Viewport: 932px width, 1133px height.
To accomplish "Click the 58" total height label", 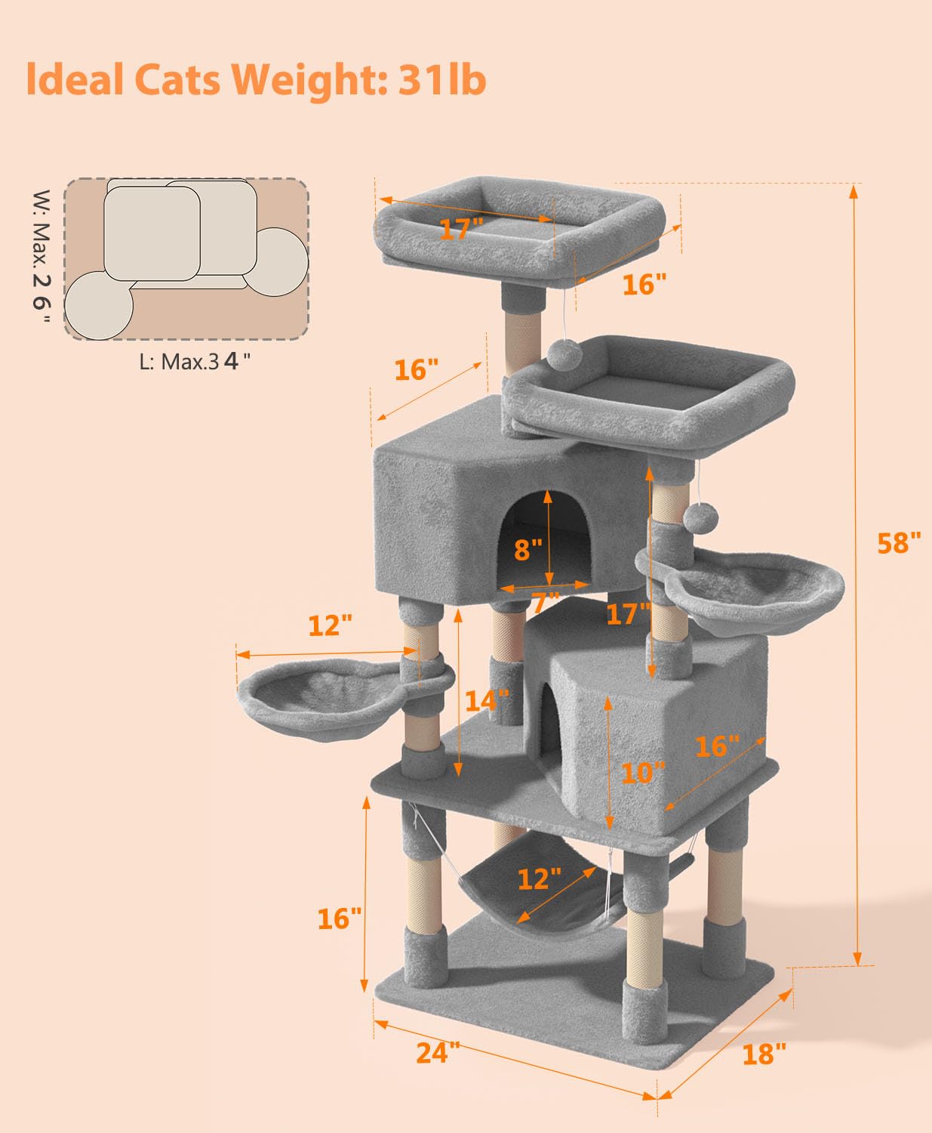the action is coord(899,543).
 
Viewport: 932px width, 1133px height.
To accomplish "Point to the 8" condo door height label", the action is coord(528,549).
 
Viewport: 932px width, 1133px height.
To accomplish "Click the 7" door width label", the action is coord(546,603).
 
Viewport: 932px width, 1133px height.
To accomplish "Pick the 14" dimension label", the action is coord(487,701).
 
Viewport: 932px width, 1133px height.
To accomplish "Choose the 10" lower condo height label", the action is coord(643,773).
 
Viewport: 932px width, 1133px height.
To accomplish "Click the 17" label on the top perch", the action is coord(461,230).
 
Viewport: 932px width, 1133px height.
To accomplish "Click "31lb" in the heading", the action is coord(442,79).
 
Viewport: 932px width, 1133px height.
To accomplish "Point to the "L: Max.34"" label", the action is coord(195,362).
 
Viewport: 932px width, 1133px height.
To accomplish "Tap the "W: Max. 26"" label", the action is coord(42,256).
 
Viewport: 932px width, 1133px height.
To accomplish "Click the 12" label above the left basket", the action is coord(330,626).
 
